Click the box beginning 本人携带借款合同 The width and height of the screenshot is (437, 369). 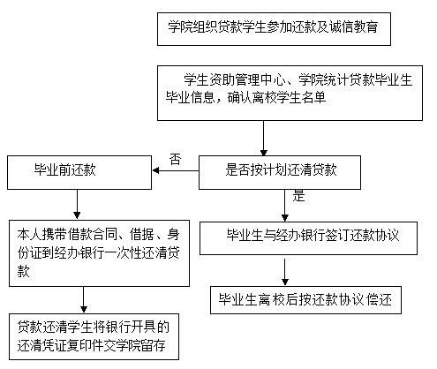[101, 252]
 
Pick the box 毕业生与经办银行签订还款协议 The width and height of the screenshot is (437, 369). [313, 237]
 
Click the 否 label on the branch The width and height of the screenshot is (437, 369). [175, 159]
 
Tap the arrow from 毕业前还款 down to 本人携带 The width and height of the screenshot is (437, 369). [77, 203]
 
